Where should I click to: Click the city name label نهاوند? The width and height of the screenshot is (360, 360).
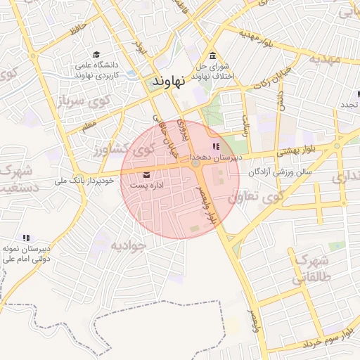pos(168,82)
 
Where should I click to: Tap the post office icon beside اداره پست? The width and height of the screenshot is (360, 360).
pos(146,174)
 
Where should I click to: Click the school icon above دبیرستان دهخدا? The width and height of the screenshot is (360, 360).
pos(215,146)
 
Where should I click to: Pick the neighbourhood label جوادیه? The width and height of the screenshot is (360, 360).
pos(127,245)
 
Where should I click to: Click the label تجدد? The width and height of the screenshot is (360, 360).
pos(349,104)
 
